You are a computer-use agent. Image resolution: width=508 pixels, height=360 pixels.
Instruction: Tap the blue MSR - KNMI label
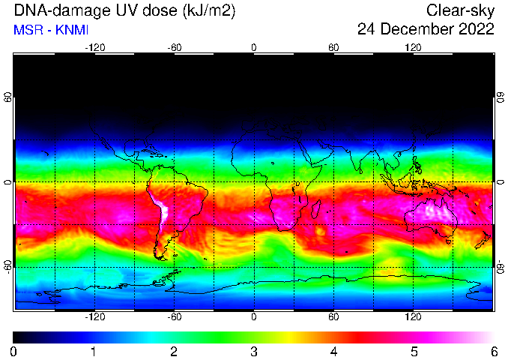tap(51, 30)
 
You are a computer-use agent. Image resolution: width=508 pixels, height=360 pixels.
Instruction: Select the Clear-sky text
tap(460, 11)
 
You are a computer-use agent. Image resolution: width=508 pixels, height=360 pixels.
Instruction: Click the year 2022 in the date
tap(477, 29)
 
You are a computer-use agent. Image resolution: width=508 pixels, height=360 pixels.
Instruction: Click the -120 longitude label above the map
tap(95, 48)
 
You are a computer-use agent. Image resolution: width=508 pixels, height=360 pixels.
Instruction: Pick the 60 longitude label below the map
tap(333, 316)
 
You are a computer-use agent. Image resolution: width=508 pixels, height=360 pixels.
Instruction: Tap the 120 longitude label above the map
tap(413, 48)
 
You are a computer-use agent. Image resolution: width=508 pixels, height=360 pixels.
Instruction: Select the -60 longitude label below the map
tap(175, 316)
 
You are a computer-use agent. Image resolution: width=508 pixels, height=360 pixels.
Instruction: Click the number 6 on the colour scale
tap(494, 352)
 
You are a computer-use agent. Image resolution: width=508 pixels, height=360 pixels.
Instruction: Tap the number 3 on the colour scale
tap(254, 352)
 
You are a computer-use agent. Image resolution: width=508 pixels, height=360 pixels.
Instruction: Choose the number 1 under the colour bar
tap(94, 352)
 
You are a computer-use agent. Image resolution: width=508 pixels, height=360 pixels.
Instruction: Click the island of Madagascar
tap(315, 208)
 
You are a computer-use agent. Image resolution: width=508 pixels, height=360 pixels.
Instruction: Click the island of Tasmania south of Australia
tap(448, 241)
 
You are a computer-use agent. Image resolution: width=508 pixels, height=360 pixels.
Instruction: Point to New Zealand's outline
tap(484, 240)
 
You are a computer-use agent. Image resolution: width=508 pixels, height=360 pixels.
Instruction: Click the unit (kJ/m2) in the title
tap(209, 11)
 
